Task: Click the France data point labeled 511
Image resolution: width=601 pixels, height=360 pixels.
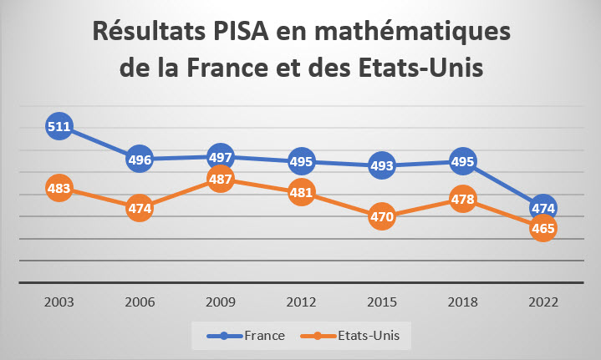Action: [59, 128]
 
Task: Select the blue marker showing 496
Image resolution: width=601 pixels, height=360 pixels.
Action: [140, 159]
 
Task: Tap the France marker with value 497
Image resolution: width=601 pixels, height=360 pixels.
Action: [220, 157]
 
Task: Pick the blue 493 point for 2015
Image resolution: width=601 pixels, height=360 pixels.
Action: [381, 165]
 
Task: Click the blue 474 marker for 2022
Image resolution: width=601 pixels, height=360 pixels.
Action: [543, 207]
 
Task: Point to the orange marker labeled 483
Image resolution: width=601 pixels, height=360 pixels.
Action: [59, 189]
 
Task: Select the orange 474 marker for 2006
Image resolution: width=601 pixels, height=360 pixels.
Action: [140, 208]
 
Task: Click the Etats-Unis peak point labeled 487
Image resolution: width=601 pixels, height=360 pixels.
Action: [220, 179]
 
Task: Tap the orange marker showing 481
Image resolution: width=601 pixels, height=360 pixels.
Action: [301, 192]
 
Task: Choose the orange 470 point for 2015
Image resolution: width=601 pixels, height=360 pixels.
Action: [381, 216]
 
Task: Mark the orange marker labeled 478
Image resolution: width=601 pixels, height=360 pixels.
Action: [462, 199]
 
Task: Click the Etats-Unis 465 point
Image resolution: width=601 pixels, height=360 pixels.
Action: [543, 227]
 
